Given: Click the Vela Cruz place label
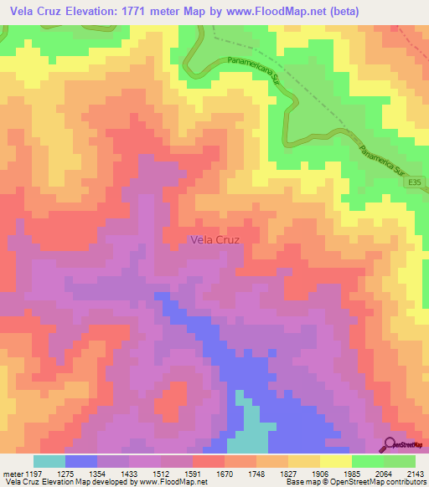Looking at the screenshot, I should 215,240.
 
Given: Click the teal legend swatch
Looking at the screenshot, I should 49,461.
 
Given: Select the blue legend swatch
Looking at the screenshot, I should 81,461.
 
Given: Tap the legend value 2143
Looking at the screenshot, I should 415,473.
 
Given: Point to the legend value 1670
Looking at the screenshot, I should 223,473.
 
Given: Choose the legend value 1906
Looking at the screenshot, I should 319,473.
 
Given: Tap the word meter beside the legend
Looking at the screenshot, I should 12,473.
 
